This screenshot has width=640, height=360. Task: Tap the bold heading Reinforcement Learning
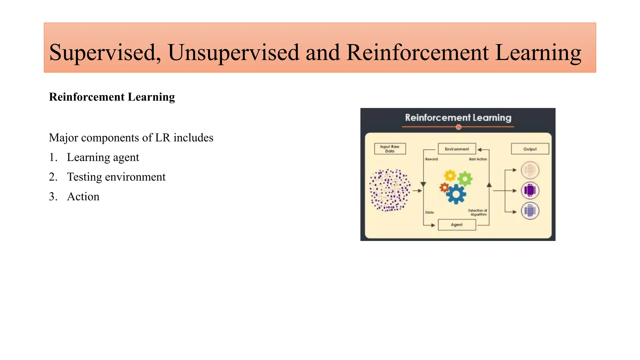[112, 97]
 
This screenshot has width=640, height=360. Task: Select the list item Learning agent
[103, 157]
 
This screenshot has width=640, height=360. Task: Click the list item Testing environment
[116, 177]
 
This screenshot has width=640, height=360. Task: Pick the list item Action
[83, 197]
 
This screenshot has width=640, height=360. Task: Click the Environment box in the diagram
[457, 149]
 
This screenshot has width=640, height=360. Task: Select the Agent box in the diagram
[457, 225]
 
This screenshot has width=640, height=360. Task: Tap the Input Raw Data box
[390, 149]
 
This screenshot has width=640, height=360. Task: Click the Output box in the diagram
[530, 149]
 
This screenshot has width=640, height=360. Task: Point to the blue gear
[456, 194]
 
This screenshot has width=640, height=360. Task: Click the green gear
[465, 179]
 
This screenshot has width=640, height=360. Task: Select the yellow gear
[450, 176]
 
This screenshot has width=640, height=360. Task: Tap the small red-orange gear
[444, 187]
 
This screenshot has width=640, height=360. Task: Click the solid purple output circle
[530, 190]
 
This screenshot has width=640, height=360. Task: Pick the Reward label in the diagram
[431, 159]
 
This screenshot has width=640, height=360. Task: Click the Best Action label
[478, 159]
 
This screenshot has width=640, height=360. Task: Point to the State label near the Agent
[429, 212]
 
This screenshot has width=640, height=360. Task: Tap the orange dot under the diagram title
[458, 127]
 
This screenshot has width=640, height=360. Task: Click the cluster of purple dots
[390, 190]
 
